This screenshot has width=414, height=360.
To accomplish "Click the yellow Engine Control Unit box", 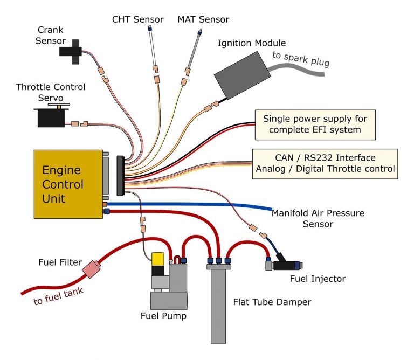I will [x=67, y=183].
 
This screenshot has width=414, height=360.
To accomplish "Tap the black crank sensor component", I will [x=70, y=51].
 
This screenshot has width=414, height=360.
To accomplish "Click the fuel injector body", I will [x=286, y=265].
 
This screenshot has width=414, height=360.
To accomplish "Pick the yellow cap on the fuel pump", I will [x=158, y=260].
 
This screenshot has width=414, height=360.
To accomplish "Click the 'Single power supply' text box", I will [x=315, y=124].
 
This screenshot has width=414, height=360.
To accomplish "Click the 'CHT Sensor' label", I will [x=137, y=19].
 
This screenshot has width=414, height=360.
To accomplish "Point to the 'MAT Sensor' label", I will [x=203, y=19].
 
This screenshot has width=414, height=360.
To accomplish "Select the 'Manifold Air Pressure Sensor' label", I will [x=318, y=218].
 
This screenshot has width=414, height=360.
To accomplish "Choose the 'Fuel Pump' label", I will [x=163, y=316].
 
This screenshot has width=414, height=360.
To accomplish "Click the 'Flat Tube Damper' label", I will [x=272, y=301].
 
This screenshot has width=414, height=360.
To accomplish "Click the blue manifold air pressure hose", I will [x=216, y=205].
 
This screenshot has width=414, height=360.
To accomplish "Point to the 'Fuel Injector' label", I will [x=318, y=279].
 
